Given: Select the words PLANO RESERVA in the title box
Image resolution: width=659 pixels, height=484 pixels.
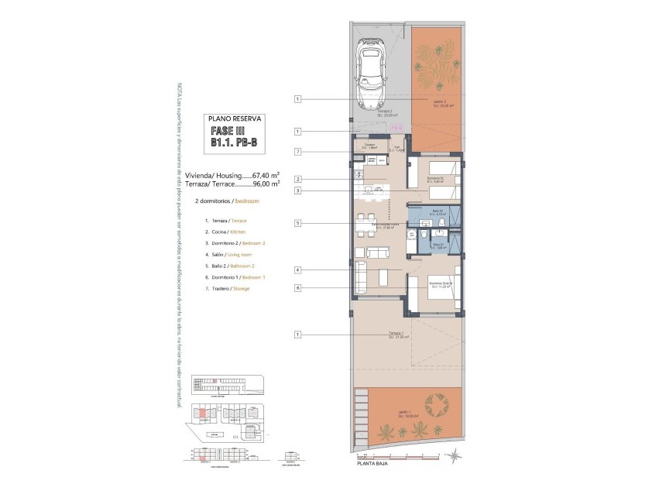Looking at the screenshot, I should point(237,118).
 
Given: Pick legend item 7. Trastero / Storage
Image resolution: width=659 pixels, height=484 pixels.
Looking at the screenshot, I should point(228,288).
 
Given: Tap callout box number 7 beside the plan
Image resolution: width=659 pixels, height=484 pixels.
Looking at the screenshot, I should point(297,151).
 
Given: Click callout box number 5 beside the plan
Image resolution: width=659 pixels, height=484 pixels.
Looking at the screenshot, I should point(297,223).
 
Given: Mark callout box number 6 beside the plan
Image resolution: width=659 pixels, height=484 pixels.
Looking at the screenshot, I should point(297,287).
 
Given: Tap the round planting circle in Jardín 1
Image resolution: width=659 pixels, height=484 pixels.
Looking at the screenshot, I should point(438,405).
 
